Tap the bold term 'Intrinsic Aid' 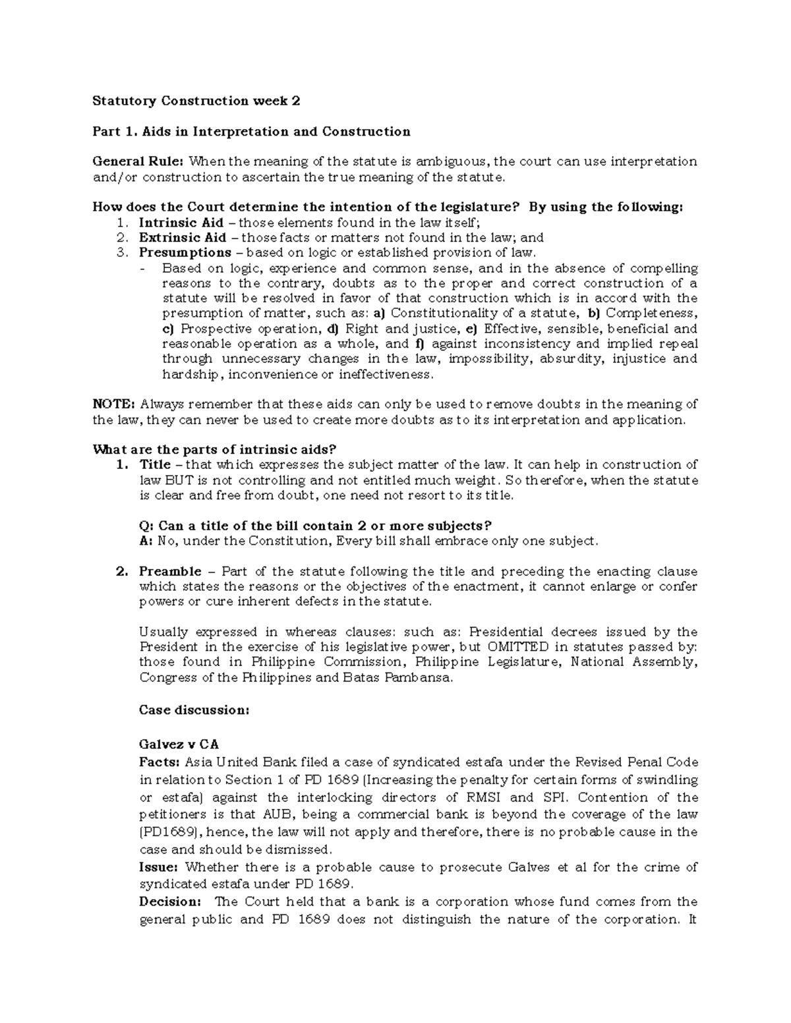point(181,223)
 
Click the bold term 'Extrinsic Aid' point(182,238)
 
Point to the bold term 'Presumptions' point(185,253)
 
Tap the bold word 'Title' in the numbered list point(155,465)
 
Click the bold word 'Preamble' point(170,571)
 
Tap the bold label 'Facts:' point(159,762)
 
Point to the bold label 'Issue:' point(159,867)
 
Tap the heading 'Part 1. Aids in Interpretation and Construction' point(251,131)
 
